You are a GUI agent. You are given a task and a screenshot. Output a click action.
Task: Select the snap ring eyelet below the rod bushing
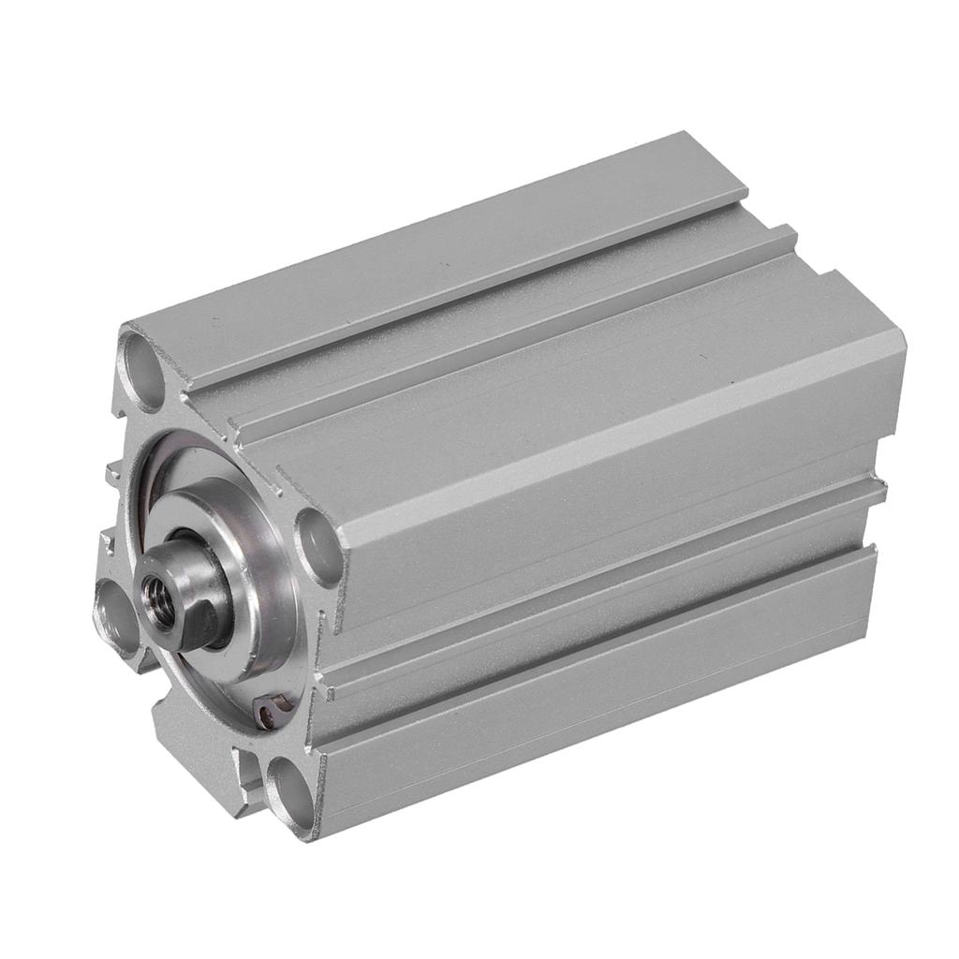coord(267,716)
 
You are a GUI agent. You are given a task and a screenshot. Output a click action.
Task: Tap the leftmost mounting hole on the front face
coord(117,618)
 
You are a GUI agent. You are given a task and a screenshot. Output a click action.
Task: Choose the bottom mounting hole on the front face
coord(289,784)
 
